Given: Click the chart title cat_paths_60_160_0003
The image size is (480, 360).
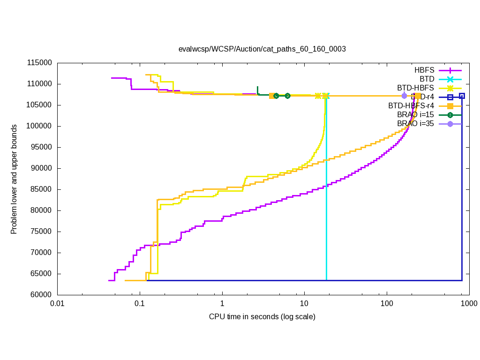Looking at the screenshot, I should pyautogui.click(x=262, y=49).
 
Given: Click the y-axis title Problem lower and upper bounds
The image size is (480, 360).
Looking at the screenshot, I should pyautogui.click(x=14, y=179).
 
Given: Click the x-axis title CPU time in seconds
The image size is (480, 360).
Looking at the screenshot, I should pyautogui.click(x=262, y=317).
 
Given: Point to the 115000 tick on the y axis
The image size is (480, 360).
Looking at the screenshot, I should pyautogui.click(x=41, y=63).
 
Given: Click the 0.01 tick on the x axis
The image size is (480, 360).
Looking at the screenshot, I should pyautogui.click(x=57, y=304).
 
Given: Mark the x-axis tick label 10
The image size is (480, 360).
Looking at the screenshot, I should pyautogui.click(x=304, y=304).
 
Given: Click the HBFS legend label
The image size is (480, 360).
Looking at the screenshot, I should pyautogui.click(x=424, y=70).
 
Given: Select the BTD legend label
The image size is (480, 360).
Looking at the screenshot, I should pyautogui.click(x=427, y=79).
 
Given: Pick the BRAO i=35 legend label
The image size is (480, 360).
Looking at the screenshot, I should pyautogui.click(x=416, y=123).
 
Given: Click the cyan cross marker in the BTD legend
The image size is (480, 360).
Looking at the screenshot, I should pyautogui.click(x=450, y=79).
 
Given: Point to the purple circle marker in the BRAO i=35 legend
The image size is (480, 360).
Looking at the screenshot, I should pyautogui.click(x=450, y=124).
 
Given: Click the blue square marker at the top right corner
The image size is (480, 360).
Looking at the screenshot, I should pyautogui.click(x=462, y=96).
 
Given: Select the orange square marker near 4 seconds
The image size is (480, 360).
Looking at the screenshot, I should pyautogui.click(x=272, y=96).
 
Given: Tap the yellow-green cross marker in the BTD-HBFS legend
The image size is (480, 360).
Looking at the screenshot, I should pyautogui.click(x=450, y=88).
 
